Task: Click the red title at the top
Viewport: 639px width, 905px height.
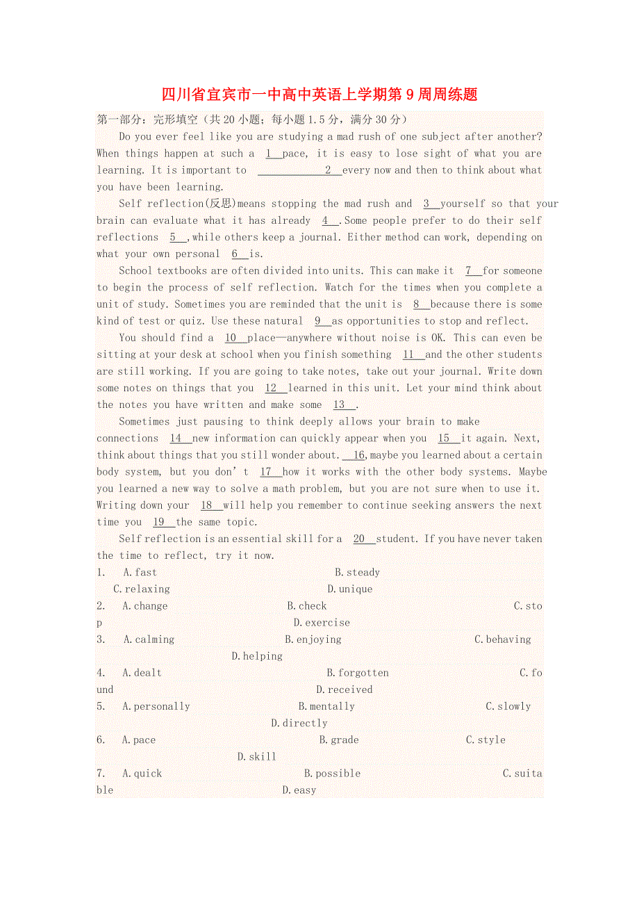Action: [319, 94]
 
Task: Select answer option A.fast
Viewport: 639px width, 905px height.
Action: [140, 572]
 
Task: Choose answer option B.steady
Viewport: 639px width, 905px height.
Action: [357, 572]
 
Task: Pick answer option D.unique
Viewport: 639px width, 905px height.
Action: [350, 589]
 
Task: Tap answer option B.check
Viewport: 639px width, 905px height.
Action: [307, 605]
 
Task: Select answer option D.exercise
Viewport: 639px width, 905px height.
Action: [322, 622]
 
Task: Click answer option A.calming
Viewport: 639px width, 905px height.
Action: [149, 639]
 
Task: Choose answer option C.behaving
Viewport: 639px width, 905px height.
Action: [503, 639]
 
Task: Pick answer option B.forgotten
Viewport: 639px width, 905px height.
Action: [358, 672]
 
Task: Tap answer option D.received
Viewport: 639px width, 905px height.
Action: [345, 689]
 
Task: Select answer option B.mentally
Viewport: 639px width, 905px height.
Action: [326, 706]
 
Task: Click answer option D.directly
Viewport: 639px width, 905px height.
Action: [299, 723]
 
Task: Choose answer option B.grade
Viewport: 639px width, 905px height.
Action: [339, 740]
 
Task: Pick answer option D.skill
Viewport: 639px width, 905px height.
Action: [257, 756]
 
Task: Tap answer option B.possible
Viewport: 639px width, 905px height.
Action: [332, 773]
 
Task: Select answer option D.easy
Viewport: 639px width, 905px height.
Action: [299, 790]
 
